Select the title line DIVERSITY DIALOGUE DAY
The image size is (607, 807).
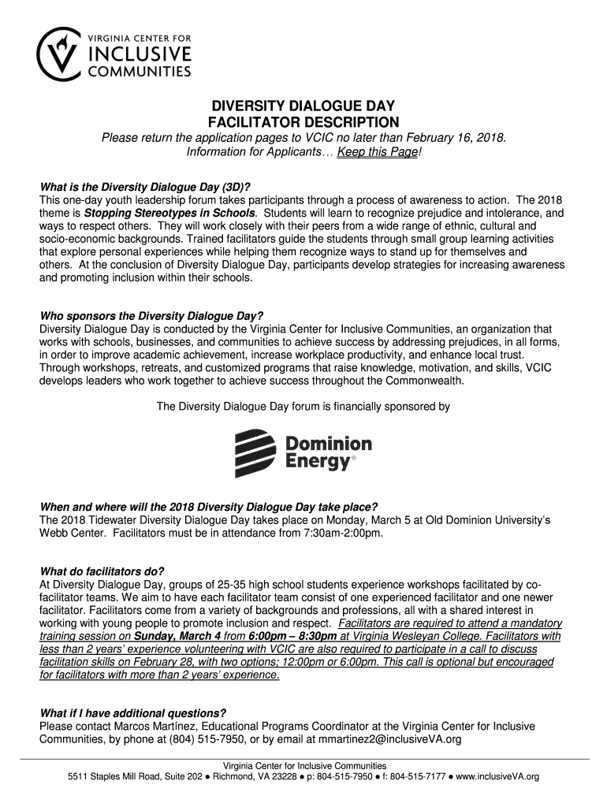303,106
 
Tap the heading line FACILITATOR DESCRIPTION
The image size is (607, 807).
303,122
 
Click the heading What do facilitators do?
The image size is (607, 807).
102,571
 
